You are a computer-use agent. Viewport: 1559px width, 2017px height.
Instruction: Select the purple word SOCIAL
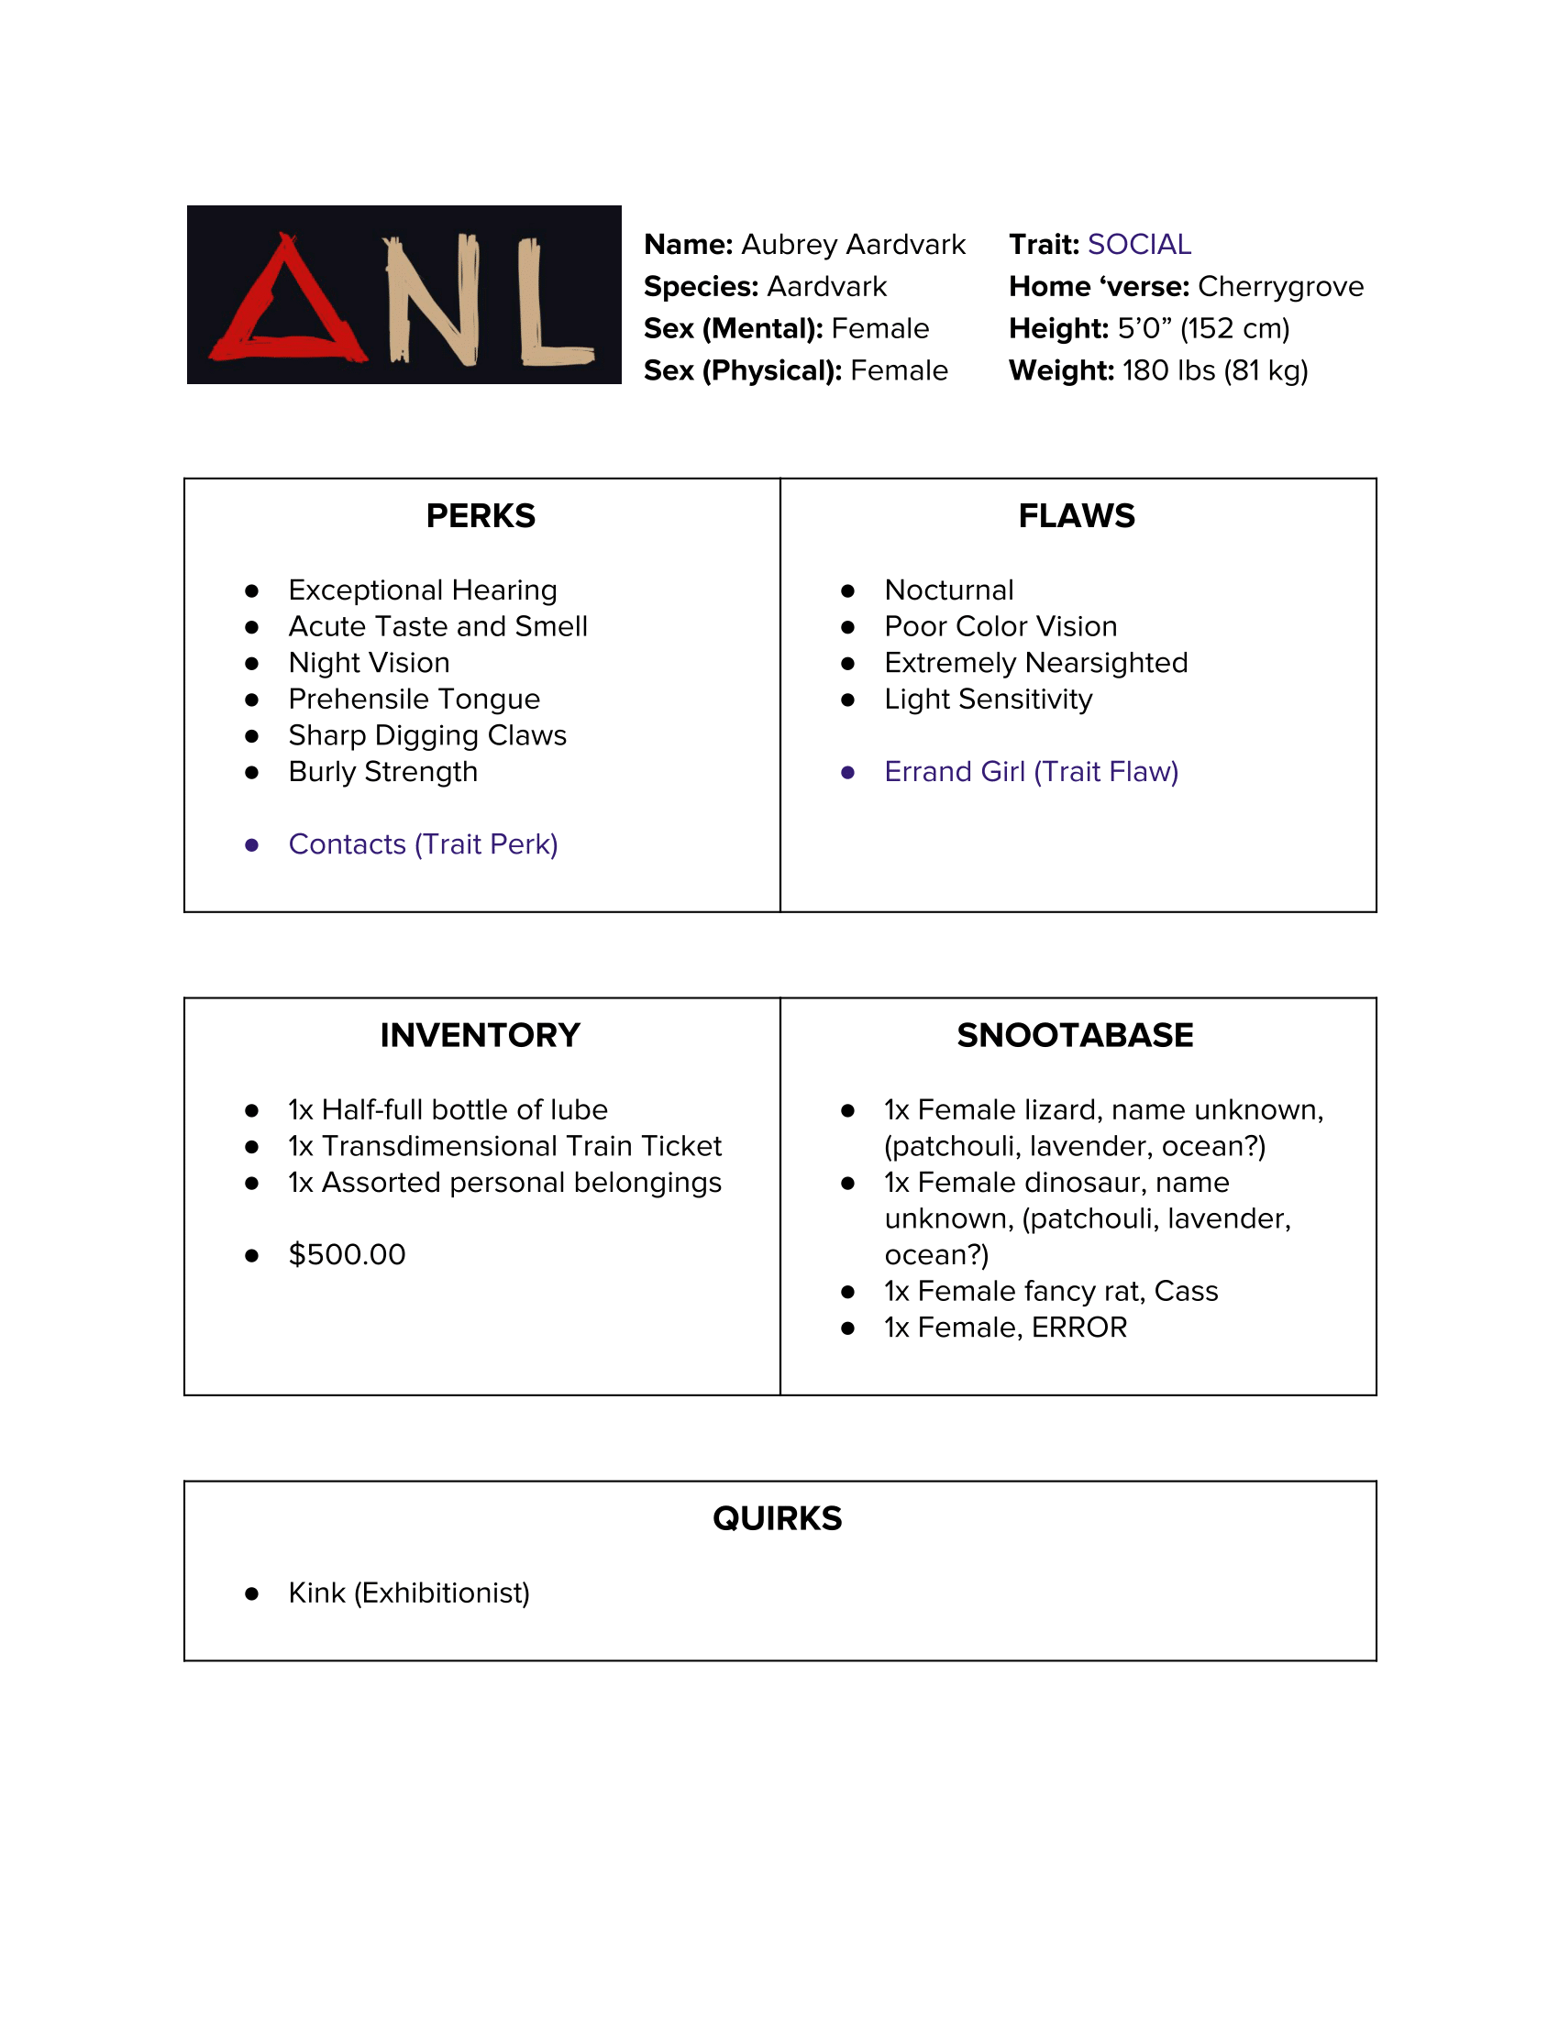(x=1139, y=244)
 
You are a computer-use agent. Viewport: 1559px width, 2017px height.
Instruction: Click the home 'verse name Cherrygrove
(x=1280, y=286)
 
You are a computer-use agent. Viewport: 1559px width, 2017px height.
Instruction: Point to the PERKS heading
(x=481, y=515)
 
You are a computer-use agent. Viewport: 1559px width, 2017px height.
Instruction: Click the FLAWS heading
(x=1076, y=515)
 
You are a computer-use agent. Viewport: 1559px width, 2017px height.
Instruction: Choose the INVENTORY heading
(x=481, y=1035)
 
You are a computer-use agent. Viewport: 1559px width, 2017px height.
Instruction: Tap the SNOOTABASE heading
(x=1075, y=1035)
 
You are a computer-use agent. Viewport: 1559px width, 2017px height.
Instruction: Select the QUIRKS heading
(x=777, y=1518)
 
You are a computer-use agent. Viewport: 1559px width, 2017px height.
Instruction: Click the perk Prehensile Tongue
(x=414, y=700)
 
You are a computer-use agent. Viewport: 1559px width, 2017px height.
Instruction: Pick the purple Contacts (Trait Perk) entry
(x=423, y=844)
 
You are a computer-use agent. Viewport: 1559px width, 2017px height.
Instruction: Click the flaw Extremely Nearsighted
(x=1035, y=663)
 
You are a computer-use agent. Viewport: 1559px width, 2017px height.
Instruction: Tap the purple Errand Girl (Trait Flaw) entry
(x=1031, y=771)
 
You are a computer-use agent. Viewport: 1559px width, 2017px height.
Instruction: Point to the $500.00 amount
(x=347, y=1254)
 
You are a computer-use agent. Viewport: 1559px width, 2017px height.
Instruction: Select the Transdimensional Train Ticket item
(x=521, y=1146)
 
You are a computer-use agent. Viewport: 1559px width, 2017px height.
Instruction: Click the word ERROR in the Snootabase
(x=1078, y=1328)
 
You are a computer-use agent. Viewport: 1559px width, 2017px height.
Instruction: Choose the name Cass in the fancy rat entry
(x=1186, y=1291)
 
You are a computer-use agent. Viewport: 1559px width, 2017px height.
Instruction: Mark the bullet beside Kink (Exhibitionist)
(x=251, y=1594)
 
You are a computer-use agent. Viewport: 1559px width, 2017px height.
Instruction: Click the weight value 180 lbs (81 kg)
(x=1214, y=370)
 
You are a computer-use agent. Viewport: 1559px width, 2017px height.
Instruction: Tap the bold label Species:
(x=701, y=286)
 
